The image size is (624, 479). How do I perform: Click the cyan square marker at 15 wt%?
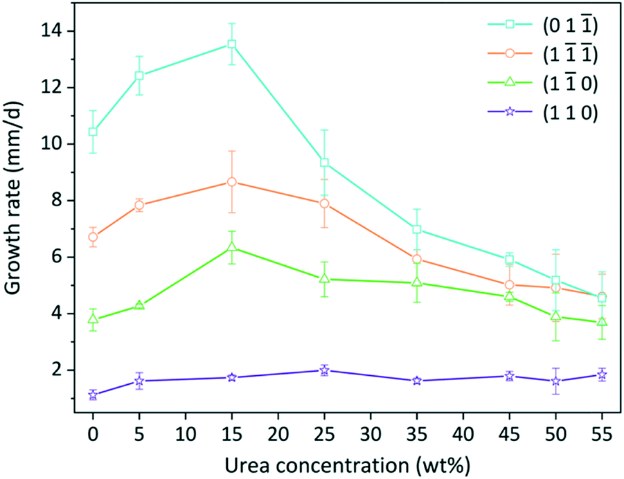pos(232,44)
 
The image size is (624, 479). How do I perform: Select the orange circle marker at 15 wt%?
pos(232,182)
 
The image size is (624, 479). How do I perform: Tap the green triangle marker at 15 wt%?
pos(232,247)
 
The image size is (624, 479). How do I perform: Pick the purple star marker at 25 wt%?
pos(325,370)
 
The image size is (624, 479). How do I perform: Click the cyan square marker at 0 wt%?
pos(93,132)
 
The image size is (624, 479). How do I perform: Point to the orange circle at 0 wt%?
pos(93,237)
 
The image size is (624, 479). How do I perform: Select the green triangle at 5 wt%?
pos(139,305)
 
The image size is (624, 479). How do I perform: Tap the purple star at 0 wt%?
pos(93,395)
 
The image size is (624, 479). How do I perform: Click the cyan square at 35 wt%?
pos(417,229)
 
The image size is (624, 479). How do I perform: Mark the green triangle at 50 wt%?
pos(556,316)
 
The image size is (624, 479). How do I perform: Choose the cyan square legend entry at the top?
pos(509,24)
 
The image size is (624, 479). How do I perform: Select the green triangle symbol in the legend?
pos(509,82)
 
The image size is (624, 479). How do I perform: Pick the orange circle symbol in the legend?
pos(509,53)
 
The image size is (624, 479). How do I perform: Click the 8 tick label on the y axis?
pos(60,201)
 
